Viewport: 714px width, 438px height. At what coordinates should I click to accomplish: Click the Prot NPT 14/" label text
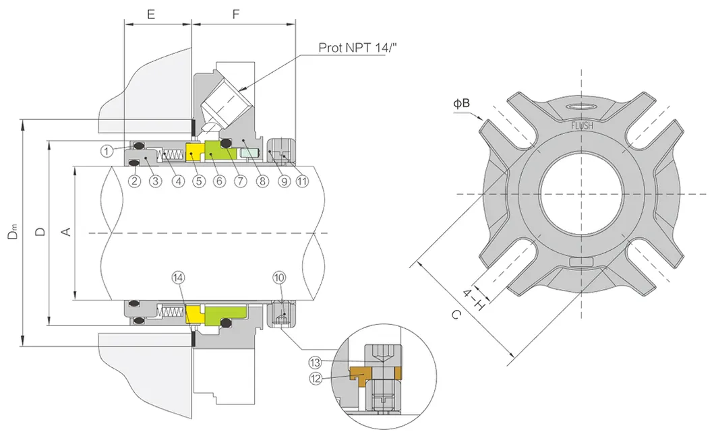(x=351, y=48)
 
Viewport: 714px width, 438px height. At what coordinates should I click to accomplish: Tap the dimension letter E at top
(x=152, y=13)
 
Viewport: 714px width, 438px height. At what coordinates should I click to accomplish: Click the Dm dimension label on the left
(x=13, y=233)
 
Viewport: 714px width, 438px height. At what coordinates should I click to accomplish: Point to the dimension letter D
(x=40, y=232)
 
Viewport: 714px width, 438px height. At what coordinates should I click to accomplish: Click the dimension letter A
(x=65, y=232)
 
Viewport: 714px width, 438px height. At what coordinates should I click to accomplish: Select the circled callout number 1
(x=107, y=152)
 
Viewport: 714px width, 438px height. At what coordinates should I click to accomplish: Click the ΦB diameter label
(x=461, y=103)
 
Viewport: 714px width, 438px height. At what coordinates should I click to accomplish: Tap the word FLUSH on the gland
(x=581, y=125)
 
